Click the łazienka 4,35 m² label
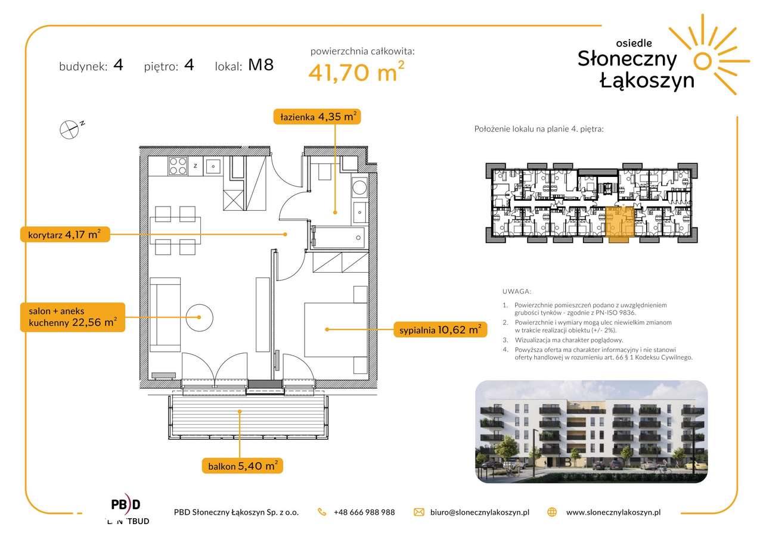tap(317, 117)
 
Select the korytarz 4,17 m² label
tap(65, 235)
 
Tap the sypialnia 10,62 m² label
tap(440, 330)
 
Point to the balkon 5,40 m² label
tap(243, 466)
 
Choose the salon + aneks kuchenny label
tap(73, 317)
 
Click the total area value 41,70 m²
tap(356, 71)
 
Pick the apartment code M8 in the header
tap(260, 65)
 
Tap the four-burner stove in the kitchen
tap(178, 166)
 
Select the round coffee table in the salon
tap(200, 317)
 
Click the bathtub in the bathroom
tap(339, 238)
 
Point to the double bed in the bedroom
tap(336, 330)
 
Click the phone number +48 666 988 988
tap(364, 512)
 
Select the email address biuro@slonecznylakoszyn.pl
tap(480, 512)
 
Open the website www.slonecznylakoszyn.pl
tap(613, 512)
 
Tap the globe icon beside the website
tap(552, 512)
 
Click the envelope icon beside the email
tap(418, 512)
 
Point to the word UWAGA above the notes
tap(516, 292)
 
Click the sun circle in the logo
tap(702, 61)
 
